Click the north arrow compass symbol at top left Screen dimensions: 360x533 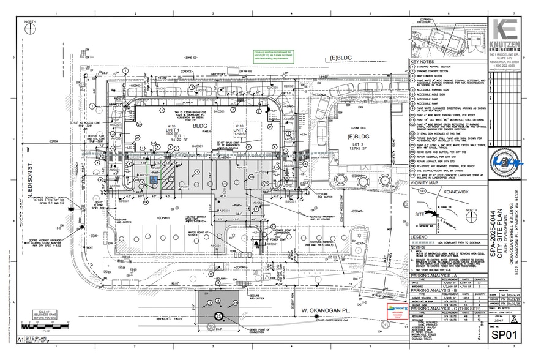click(30, 29)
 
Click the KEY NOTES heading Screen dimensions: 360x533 click(422, 62)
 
